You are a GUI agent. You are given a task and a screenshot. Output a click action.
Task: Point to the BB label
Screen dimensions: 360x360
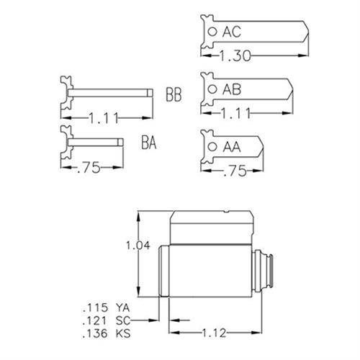[x=174, y=94]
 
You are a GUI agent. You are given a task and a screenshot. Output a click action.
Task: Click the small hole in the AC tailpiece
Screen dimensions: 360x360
[x=210, y=32]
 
